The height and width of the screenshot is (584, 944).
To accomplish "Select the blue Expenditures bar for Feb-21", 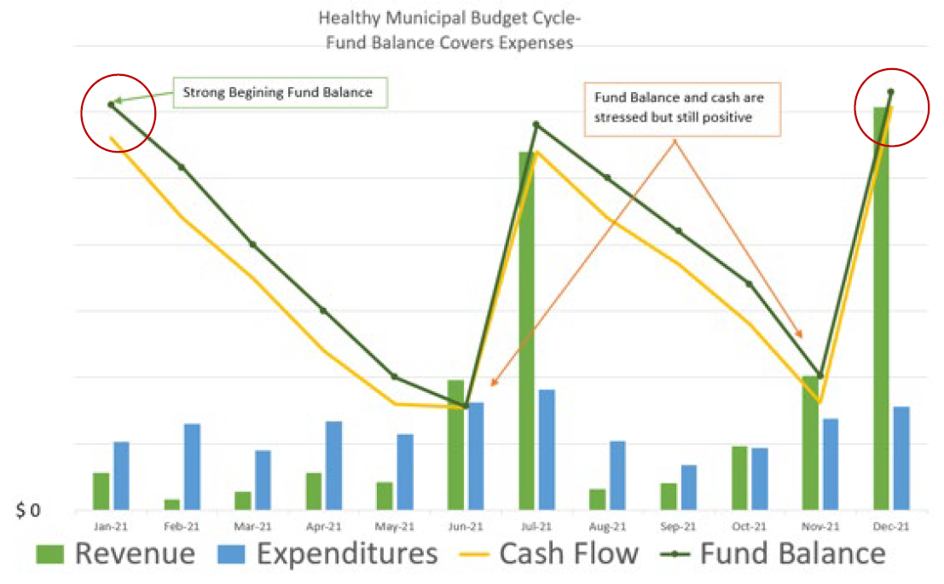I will tap(192, 466).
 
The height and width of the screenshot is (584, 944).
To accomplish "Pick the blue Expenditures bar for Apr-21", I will tap(333, 465).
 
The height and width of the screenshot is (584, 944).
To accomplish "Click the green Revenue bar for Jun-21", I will tap(455, 445).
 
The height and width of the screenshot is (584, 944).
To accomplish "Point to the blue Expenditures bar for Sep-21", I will tap(688, 487).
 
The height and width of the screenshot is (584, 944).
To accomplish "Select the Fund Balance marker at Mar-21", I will tap(252, 244).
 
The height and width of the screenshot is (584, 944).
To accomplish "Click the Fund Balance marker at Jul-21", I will tap(536, 124).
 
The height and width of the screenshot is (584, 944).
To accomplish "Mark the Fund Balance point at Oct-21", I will tap(749, 284).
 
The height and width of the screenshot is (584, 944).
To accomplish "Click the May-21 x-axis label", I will tap(394, 527).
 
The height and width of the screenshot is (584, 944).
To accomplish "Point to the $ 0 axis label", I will tap(28, 512).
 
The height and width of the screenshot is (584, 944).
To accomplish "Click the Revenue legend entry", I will tap(115, 554).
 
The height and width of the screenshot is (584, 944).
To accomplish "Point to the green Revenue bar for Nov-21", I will tap(810, 443).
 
